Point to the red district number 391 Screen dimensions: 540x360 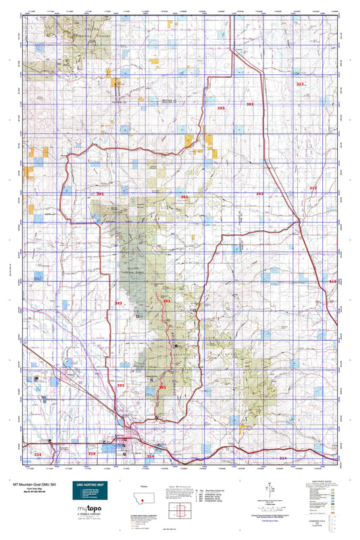101,194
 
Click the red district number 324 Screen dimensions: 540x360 37,455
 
